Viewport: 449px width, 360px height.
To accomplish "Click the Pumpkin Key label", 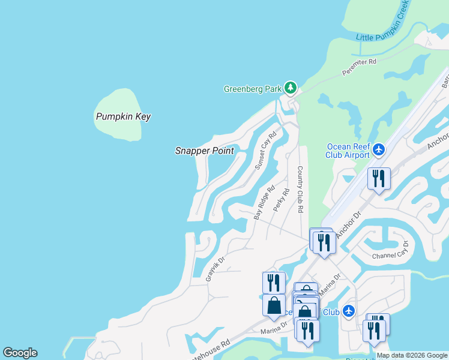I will point(123,116).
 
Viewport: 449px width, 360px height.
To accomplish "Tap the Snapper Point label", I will point(204,151).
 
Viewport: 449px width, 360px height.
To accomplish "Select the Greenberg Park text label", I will point(253,89).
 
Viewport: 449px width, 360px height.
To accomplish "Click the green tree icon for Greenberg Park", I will point(291,88).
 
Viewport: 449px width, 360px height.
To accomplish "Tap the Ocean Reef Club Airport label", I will point(348,151).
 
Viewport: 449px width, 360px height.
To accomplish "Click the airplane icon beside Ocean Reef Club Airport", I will point(379,148).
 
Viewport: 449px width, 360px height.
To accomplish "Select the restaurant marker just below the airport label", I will point(379,179).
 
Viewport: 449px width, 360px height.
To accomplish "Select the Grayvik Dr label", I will point(215,267).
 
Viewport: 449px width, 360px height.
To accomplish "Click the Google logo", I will point(20,353).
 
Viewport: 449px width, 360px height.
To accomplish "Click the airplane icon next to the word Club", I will point(349,311).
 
